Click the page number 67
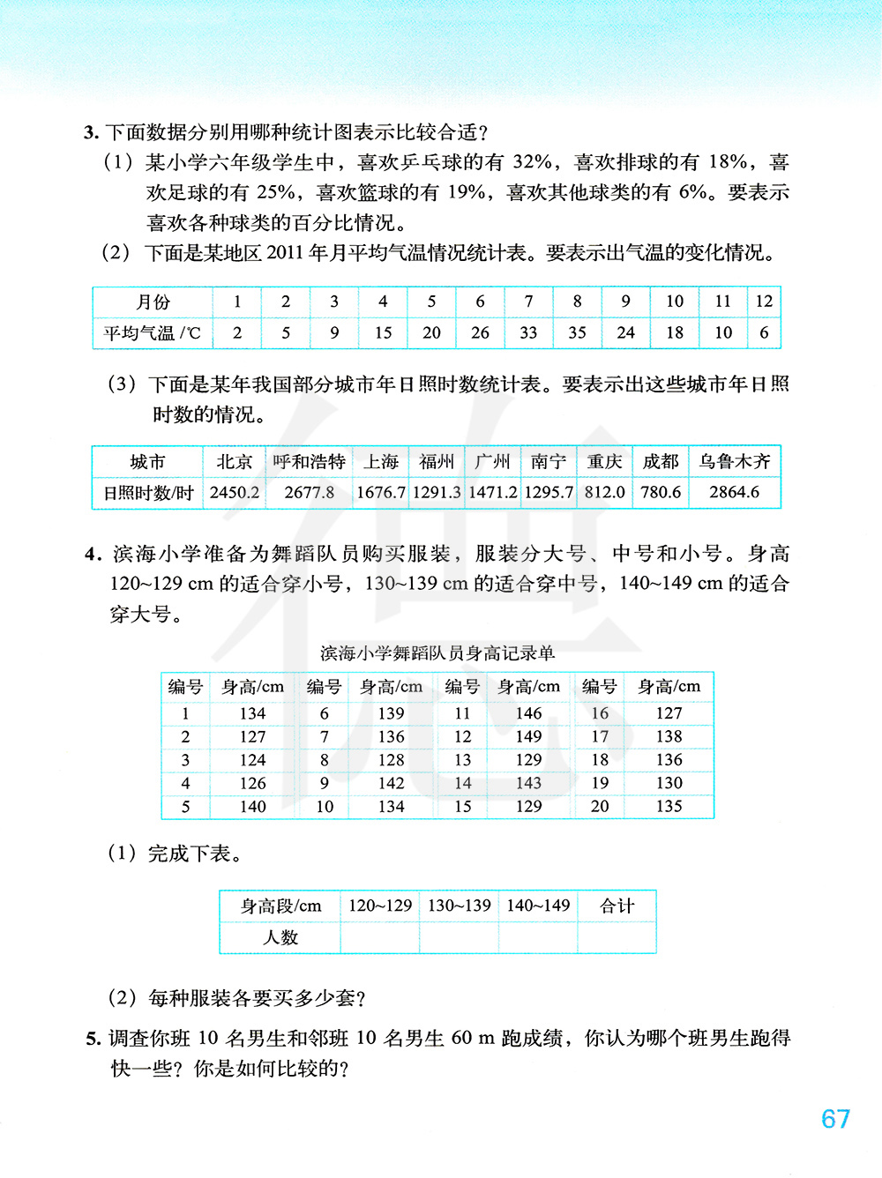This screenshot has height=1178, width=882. (835, 1119)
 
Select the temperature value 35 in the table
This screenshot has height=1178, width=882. (577, 332)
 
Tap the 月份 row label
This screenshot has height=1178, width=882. (153, 302)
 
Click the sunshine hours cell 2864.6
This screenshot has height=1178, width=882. (734, 492)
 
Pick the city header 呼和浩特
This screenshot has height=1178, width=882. (309, 462)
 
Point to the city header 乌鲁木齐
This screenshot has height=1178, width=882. (734, 462)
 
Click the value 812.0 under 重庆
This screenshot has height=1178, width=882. (604, 492)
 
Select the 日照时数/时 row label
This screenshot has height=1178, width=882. (148, 493)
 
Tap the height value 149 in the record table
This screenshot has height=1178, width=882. (528, 736)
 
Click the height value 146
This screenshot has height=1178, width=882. (528, 713)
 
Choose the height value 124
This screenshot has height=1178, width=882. (252, 760)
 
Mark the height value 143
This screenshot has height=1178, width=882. (528, 783)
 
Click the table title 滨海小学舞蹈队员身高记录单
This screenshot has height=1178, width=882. (437, 653)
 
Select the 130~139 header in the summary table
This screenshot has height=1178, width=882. (459, 906)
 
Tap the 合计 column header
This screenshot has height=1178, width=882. (617, 906)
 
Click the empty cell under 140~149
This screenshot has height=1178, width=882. (538, 937)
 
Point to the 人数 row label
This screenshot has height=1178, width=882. (280, 937)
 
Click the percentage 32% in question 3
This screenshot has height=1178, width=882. (533, 162)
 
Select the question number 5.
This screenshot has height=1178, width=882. (93, 1039)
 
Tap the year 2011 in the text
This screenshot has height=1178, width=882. (284, 254)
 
